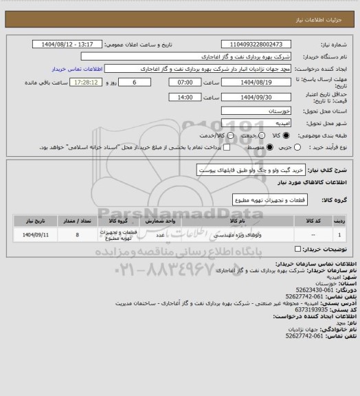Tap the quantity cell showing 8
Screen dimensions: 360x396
77,235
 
